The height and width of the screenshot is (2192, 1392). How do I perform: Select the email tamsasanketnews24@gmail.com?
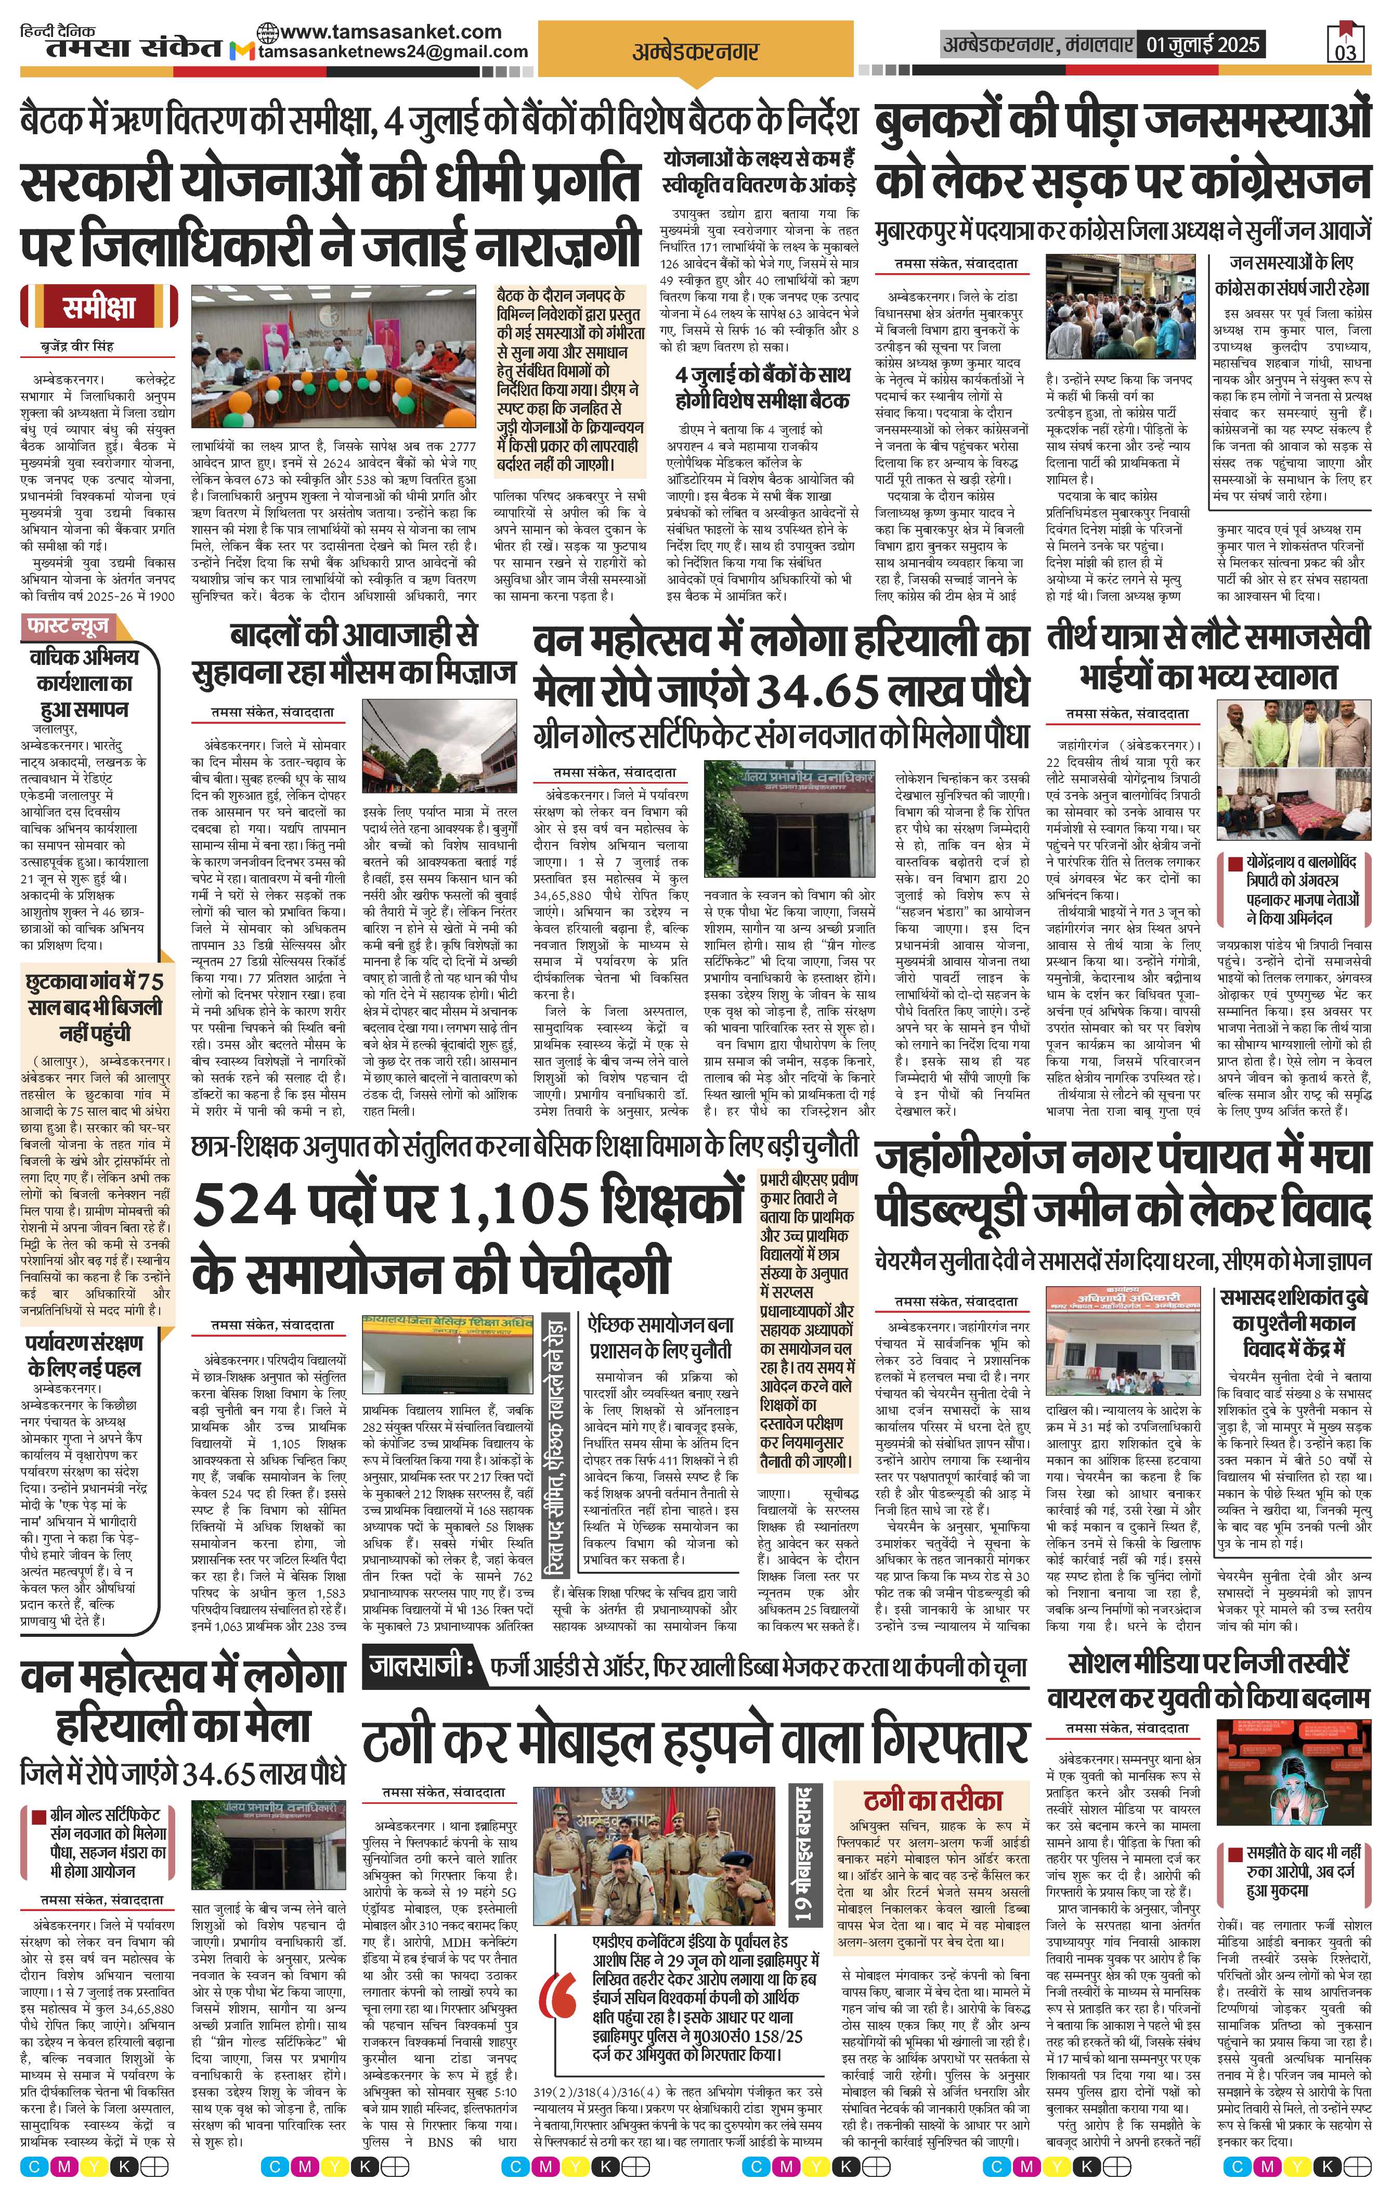coord(392,52)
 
